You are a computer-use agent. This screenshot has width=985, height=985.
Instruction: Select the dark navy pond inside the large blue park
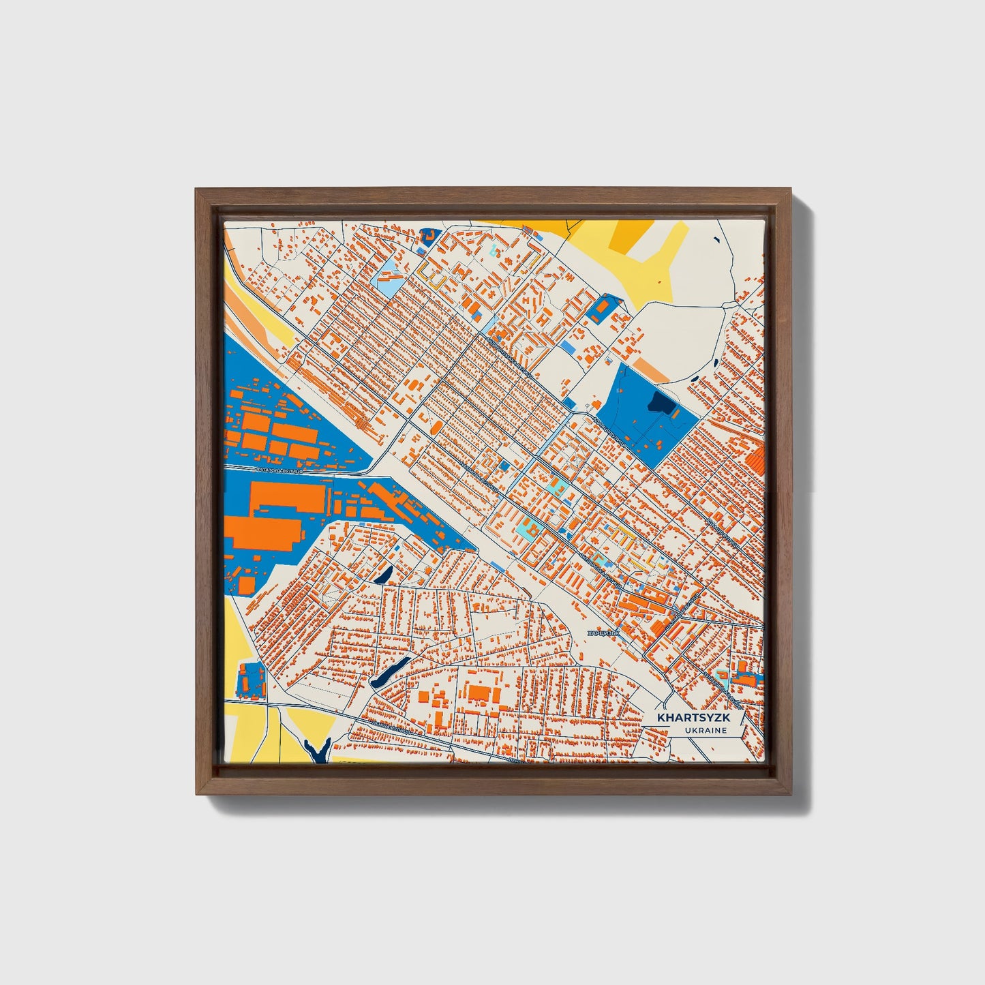[661, 404]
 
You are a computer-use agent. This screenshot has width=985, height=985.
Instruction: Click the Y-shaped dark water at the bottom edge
[317, 750]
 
